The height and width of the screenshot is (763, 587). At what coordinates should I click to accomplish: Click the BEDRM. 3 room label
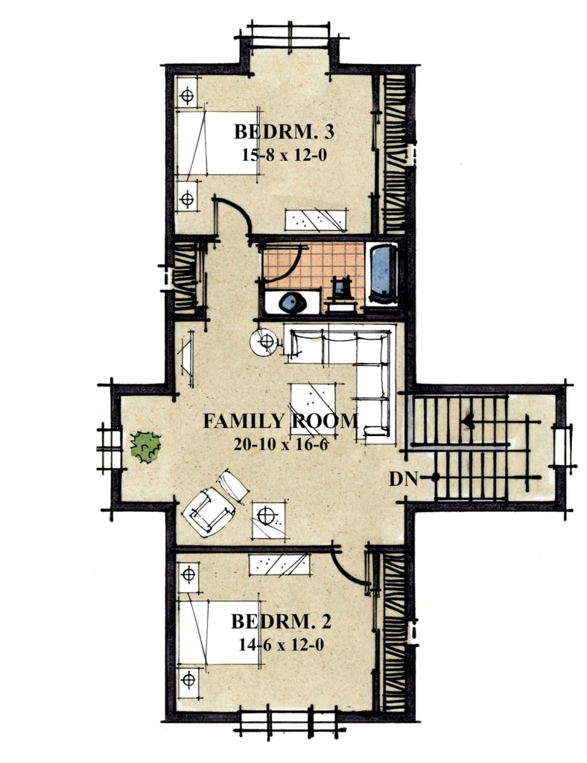(x=284, y=131)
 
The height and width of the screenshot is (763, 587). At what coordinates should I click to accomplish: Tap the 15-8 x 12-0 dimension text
(x=283, y=155)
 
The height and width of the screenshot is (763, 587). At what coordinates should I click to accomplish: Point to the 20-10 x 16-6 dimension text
(x=281, y=444)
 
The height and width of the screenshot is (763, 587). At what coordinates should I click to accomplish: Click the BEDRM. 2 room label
(x=281, y=621)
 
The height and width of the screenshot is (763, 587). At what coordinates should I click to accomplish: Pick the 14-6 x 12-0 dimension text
(x=281, y=645)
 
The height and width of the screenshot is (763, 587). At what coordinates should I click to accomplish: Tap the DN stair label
(x=403, y=479)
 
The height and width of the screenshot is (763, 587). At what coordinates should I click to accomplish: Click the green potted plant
(x=145, y=447)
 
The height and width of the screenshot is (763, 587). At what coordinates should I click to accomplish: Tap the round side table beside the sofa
(x=265, y=341)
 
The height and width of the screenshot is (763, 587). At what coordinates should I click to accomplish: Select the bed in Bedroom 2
(x=219, y=633)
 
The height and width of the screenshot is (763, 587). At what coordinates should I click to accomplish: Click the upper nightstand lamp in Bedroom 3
(x=187, y=96)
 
